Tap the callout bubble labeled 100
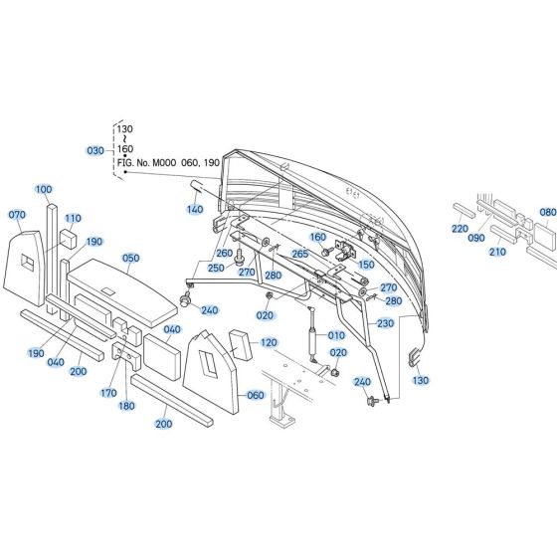(x=44, y=189)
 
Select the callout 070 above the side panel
(x=17, y=215)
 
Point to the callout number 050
(x=130, y=258)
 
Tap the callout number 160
(x=317, y=237)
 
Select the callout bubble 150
(x=366, y=265)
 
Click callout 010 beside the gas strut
(x=336, y=335)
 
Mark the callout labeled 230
(x=384, y=322)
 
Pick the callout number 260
(x=225, y=254)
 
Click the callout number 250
(x=216, y=269)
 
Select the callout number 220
(x=459, y=229)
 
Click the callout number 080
(x=547, y=212)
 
